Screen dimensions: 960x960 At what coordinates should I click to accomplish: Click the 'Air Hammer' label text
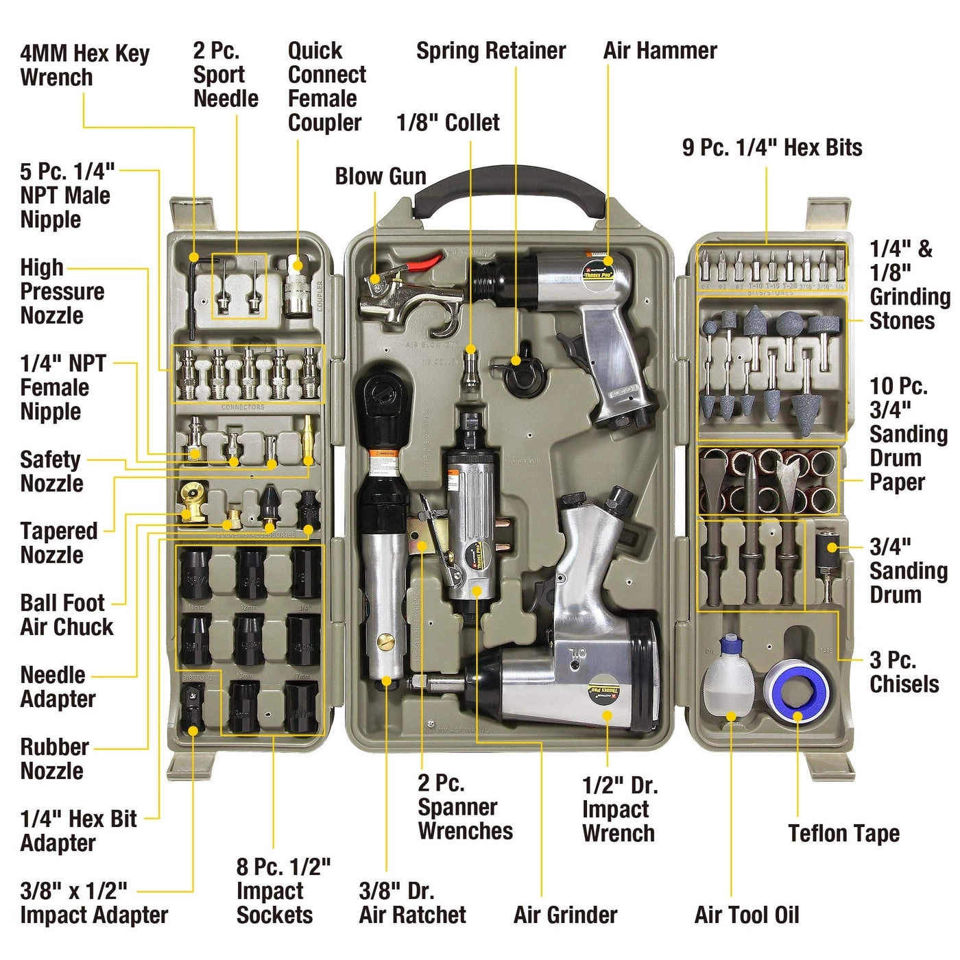pyautogui.click(x=660, y=51)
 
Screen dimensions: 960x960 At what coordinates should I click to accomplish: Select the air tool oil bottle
pyautogui.click(x=730, y=679)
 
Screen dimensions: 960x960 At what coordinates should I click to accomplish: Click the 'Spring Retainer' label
pyautogui.click(x=491, y=51)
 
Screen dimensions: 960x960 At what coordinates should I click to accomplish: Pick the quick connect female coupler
pyautogui.click(x=297, y=288)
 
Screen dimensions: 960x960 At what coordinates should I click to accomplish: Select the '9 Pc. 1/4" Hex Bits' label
pyautogui.click(x=772, y=147)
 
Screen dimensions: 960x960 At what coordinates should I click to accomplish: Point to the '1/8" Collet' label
pyautogui.click(x=448, y=123)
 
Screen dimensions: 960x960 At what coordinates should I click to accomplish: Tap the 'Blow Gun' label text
pyautogui.click(x=381, y=176)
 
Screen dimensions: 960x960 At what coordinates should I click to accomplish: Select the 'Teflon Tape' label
pyautogui.click(x=843, y=833)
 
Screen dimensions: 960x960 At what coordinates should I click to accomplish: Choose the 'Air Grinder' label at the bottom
pyautogui.click(x=565, y=915)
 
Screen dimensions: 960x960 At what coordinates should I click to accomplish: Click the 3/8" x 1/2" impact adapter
pyautogui.click(x=193, y=710)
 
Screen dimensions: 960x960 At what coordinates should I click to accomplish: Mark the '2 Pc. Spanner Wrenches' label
pyautogui.click(x=465, y=807)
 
